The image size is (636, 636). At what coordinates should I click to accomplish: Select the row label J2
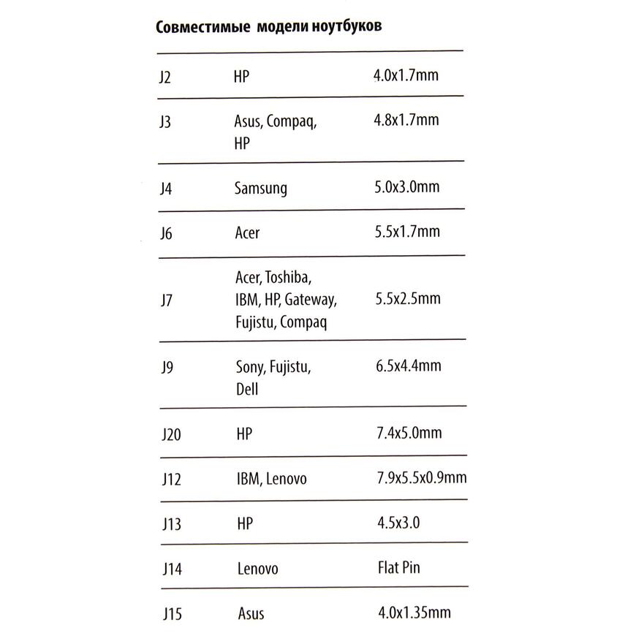[x=165, y=76]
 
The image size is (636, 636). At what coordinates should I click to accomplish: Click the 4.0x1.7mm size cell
[x=406, y=75]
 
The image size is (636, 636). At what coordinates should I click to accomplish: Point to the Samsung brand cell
[x=261, y=189]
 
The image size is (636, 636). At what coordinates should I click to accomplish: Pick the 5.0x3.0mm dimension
[x=406, y=187]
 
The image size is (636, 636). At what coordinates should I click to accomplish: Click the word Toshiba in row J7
[x=289, y=278]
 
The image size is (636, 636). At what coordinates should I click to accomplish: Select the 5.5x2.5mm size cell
[x=406, y=299]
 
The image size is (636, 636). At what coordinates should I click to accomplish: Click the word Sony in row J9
[x=249, y=368]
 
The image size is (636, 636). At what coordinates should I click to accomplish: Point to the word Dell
[x=247, y=390]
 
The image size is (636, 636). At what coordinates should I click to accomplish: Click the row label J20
[x=170, y=435]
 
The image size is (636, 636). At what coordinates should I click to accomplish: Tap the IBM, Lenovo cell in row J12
[x=271, y=480]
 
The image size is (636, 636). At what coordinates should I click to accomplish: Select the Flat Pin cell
[x=399, y=567]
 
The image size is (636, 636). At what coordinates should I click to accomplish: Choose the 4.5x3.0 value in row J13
[x=398, y=523]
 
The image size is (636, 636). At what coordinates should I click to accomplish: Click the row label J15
[x=170, y=613]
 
